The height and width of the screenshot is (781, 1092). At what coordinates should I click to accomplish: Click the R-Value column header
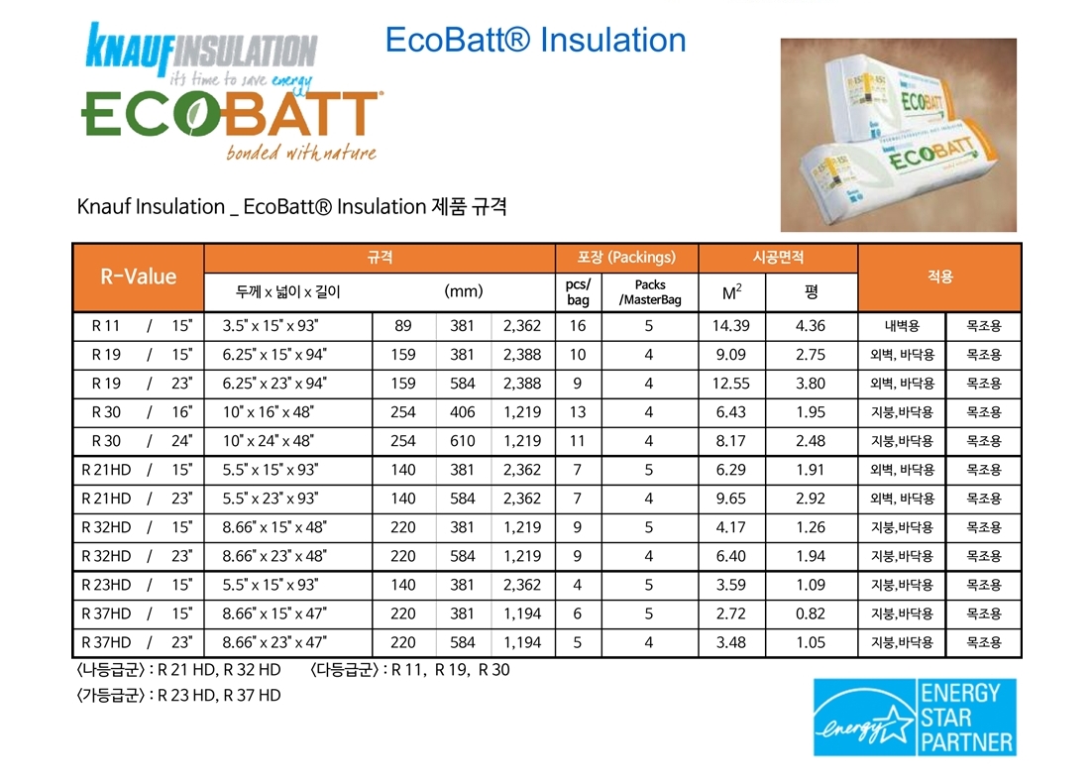(x=138, y=277)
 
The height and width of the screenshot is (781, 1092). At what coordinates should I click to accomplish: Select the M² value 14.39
(x=730, y=325)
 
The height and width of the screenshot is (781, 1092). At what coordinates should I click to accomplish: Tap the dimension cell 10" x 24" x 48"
(x=269, y=441)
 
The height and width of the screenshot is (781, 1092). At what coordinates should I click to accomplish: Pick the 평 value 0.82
(x=811, y=614)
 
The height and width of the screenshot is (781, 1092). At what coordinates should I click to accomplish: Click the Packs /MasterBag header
(x=650, y=292)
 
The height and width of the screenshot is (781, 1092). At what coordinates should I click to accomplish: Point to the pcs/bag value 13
(x=578, y=412)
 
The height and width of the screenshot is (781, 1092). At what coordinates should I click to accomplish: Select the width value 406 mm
(x=462, y=412)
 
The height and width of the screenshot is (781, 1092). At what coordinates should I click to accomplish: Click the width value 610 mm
(x=462, y=441)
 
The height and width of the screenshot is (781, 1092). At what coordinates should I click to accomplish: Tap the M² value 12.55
(x=730, y=384)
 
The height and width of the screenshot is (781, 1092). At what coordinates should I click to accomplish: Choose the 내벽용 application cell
(x=902, y=325)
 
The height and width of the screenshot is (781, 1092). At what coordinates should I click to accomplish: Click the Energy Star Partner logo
(x=915, y=717)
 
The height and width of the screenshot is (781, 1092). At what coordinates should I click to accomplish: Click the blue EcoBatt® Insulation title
(x=535, y=40)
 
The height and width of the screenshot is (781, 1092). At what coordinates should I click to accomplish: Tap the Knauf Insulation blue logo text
(x=201, y=49)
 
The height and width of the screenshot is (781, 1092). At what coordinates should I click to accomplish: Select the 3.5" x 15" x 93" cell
(x=271, y=325)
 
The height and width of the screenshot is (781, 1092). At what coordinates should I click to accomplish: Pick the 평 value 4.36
(x=811, y=325)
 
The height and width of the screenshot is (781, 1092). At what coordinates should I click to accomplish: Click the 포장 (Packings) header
(x=626, y=257)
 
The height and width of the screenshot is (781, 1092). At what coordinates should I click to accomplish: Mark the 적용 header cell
(x=939, y=277)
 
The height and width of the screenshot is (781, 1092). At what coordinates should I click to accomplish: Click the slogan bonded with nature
(x=301, y=152)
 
